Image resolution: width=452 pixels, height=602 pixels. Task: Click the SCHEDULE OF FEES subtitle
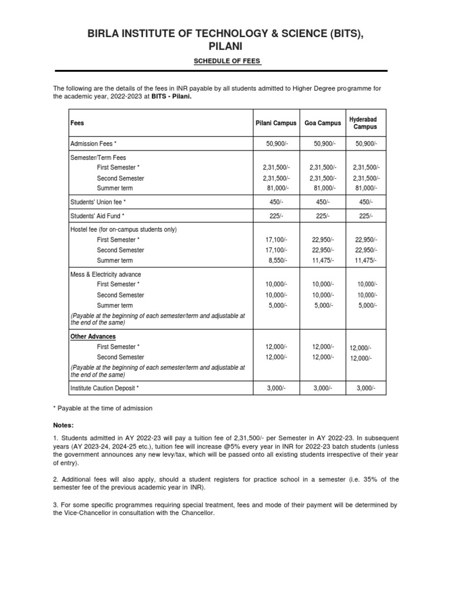pos(226,62)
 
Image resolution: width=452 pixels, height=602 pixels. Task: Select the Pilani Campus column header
pos(276,123)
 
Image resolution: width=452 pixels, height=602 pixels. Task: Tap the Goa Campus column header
pos(323,123)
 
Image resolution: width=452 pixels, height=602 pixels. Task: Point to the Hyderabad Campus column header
pos(365,123)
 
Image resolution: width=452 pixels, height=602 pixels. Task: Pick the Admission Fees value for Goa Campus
pos(323,144)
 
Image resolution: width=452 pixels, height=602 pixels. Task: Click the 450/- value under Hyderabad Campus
pos(366,202)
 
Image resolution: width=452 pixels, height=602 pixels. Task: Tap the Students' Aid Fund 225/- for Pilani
pos(276,216)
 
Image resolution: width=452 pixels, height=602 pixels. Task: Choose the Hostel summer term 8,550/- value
pos(277,260)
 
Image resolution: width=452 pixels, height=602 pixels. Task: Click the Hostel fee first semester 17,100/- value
pos(277,240)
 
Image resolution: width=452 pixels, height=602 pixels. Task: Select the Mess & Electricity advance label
pos(106,275)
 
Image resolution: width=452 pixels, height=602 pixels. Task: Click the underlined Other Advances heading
pos(93,336)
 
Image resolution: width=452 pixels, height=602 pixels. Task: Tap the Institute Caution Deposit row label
pos(105,389)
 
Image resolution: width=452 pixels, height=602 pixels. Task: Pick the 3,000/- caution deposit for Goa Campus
pos(323,389)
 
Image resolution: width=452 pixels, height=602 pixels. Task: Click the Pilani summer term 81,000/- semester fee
pos(277,188)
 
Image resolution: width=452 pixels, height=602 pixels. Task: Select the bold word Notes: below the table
pos(64,425)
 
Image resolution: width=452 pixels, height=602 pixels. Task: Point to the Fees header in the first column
pos(77,123)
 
